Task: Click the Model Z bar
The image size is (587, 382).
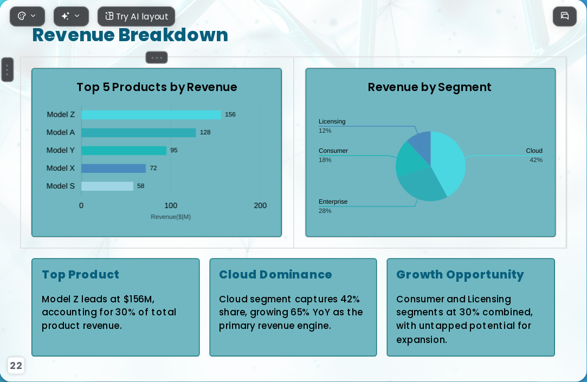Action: click(x=151, y=114)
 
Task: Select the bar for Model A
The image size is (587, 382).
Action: click(x=139, y=132)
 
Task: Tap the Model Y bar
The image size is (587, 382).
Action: click(x=124, y=151)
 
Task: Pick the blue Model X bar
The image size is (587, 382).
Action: click(x=113, y=169)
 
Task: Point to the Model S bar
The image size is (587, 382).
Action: click(x=107, y=186)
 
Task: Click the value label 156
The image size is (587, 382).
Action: click(x=230, y=114)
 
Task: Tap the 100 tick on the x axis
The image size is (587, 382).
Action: click(x=171, y=205)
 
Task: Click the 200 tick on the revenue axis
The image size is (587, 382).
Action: click(x=260, y=205)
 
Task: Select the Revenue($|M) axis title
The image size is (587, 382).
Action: click(x=171, y=217)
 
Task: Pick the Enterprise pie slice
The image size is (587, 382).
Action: click(x=421, y=185)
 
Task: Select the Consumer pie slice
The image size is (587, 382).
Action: click(x=408, y=159)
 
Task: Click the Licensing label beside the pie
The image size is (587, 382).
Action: click(x=332, y=121)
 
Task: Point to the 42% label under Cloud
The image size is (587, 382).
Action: click(x=536, y=160)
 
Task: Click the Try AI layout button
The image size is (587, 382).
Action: click(x=136, y=16)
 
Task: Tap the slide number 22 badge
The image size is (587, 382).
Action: click(x=16, y=366)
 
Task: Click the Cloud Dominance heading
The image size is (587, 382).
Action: click(x=275, y=274)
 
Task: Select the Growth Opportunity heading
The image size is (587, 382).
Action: click(x=460, y=275)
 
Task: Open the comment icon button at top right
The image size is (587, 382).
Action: click(x=565, y=16)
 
